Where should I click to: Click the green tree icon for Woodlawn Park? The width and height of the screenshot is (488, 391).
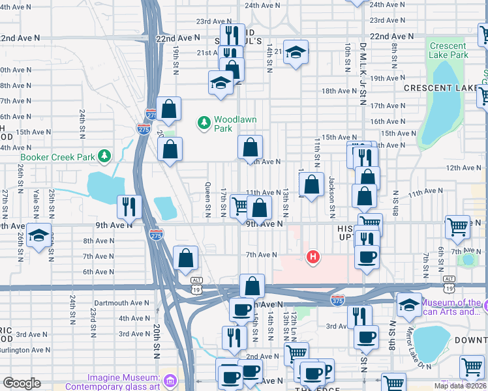pyautogui.click(x=205, y=123)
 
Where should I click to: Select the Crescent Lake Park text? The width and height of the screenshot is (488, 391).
pyautogui.click(x=448, y=50)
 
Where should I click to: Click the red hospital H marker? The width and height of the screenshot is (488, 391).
pyautogui.click(x=313, y=257)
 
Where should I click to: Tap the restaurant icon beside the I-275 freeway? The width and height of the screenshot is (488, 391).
pyautogui.click(x=129, y=207)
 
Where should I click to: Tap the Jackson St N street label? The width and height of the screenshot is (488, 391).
pyautogui.click(x=331, y=196)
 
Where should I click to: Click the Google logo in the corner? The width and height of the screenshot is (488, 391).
pyautogui.click(x=21, y=383)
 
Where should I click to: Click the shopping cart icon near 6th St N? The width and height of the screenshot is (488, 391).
pyautogui.click(x=457, y=227)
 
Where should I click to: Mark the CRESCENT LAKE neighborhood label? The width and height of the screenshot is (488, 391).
pyautogui.click(x=444, y=87)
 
